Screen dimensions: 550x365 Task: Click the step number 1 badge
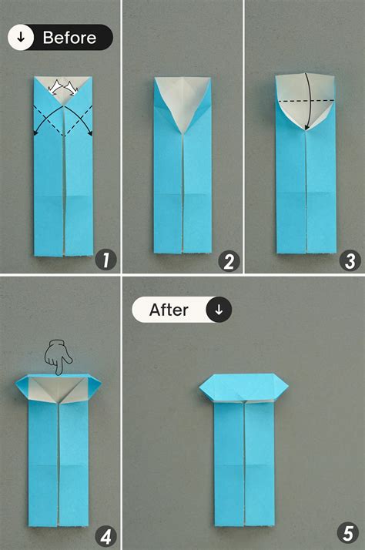105,260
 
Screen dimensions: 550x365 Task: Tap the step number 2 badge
227,260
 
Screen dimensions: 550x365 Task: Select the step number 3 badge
350,260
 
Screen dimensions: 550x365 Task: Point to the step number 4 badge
105,535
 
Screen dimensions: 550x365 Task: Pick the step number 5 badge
350,535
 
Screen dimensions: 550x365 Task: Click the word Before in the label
69,38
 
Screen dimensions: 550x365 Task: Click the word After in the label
169,310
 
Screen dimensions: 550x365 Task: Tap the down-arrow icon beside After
219,310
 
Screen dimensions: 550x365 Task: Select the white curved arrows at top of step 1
63,89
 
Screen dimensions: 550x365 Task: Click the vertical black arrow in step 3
306,100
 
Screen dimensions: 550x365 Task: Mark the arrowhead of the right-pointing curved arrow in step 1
89,134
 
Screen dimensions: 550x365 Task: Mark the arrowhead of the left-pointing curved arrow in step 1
36,135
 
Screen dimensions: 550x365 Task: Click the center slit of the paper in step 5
244,462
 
